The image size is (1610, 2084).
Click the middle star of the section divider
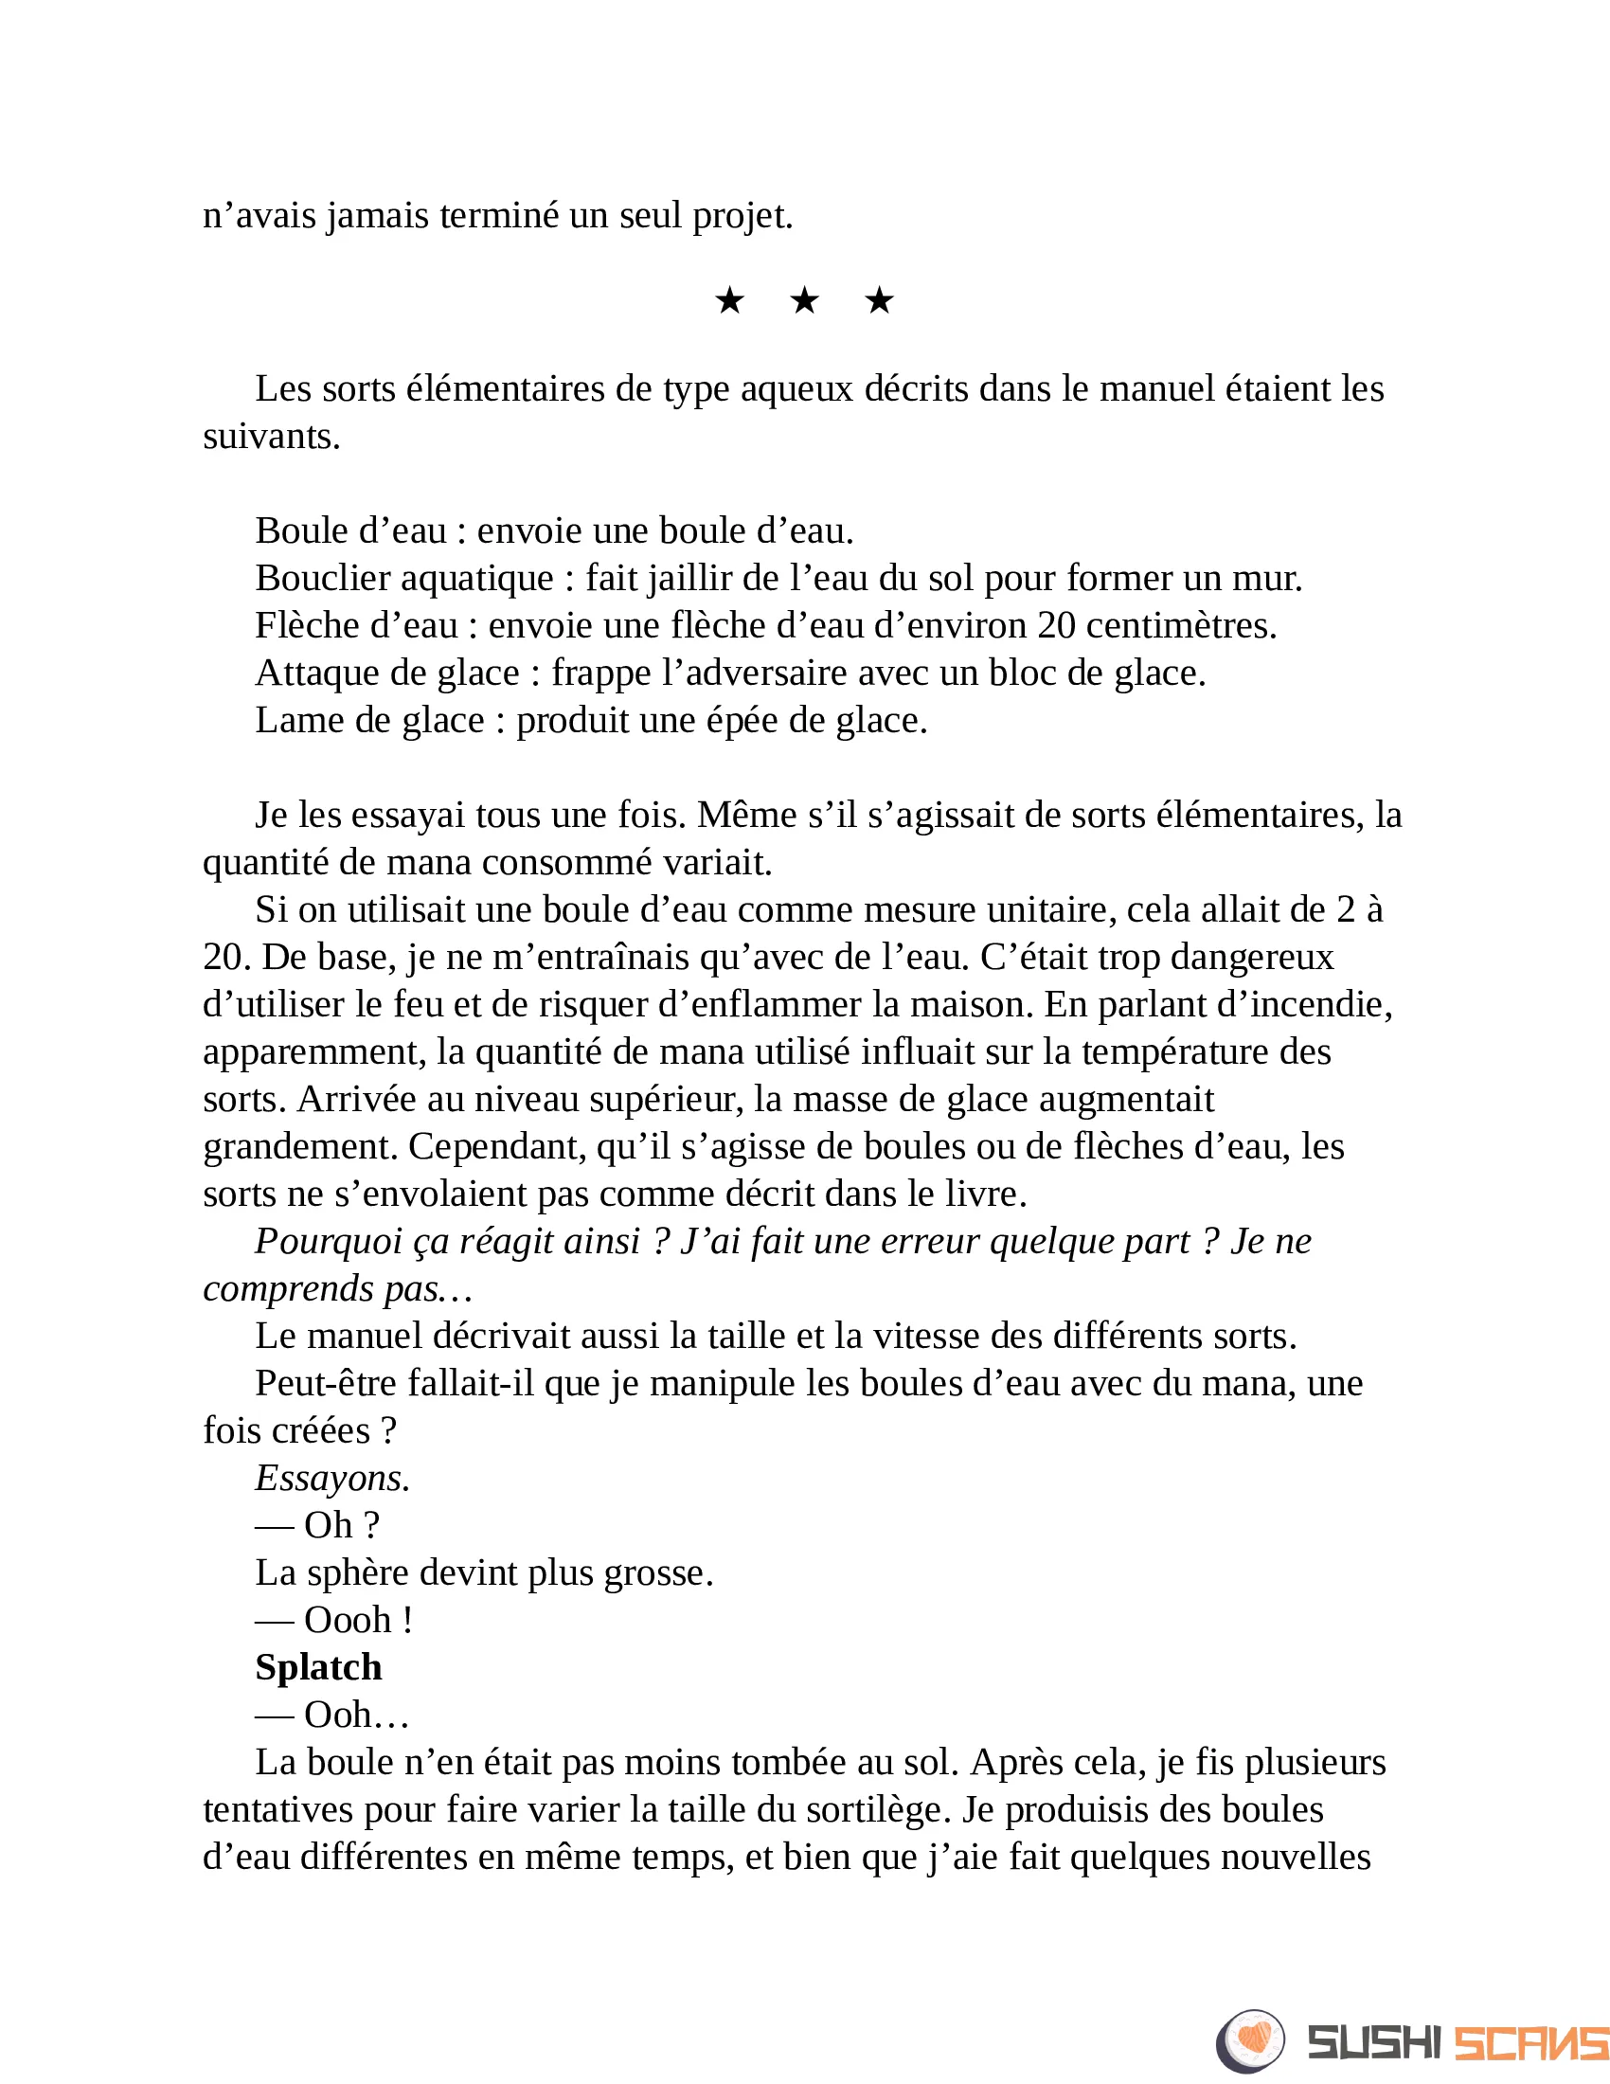click(x=804, y=301)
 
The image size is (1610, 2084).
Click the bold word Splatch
click(x=318, y=1667)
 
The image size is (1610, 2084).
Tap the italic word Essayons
click(x=331, y=1478)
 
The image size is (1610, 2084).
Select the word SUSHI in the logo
click(x=1374, y=2043)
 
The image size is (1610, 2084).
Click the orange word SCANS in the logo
click(x=1529, y=2043)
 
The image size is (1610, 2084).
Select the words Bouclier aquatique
click(x=404, y=578)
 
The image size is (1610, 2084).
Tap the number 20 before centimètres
click(x=1057, y=626)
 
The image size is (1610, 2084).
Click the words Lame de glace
click(x=370, y=721)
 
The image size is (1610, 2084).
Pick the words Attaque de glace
click(x=387, y=674)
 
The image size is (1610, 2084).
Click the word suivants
click(x=272, y=437)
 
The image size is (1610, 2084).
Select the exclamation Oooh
click(x=349, y=1620)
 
